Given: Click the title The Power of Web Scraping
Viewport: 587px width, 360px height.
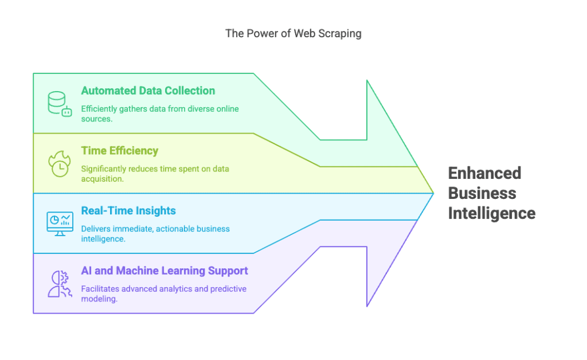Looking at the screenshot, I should [293, 33].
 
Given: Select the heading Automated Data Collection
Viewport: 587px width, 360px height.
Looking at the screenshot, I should [148, 91].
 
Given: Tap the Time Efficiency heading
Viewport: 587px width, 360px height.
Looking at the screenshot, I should [120, 151].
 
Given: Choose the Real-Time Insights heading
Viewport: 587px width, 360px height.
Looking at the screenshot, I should [128, 210].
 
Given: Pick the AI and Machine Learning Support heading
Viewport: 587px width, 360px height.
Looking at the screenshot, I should [165, 271].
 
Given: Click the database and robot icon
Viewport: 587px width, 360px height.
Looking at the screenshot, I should [59, 104].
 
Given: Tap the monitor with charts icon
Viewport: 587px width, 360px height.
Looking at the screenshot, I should [59, 224].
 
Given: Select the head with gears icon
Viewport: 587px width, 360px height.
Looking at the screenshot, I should [59, 284].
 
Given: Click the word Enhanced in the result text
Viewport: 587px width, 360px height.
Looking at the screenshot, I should [484, 173].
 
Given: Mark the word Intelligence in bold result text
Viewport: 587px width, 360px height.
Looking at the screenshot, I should [491, 213].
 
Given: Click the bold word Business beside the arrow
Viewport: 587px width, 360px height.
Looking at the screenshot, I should [482, 193].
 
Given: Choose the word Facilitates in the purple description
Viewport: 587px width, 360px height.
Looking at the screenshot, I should [101, 289].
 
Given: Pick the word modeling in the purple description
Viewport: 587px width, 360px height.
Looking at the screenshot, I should [99, 299].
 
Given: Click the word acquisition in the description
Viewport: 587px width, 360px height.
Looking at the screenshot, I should [101, 178].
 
